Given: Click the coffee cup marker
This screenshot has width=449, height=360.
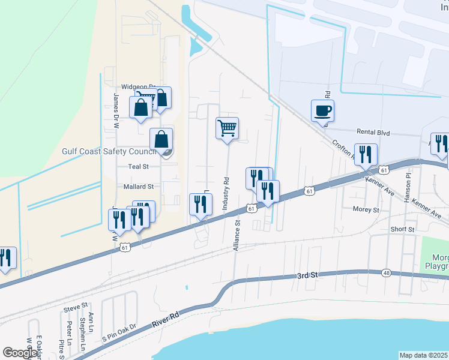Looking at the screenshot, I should (x=322, y=111).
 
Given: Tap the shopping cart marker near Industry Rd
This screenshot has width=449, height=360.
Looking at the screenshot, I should (x=227, y=128).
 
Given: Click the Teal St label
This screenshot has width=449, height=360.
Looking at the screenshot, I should (x=137, y=166).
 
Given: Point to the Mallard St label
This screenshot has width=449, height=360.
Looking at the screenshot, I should (x=139, y=187).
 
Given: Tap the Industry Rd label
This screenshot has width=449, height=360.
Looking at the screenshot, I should (x=226, y=193).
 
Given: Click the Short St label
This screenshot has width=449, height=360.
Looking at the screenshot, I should (x=403, y=229).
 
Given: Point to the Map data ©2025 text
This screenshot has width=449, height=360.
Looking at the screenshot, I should (x=423, y=355).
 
